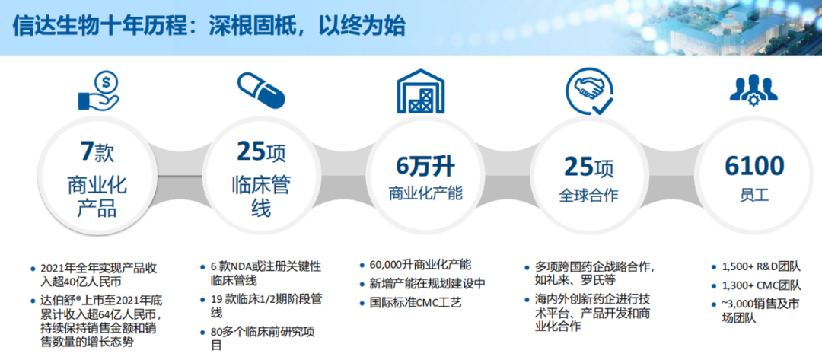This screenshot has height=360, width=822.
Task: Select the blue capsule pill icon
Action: pos(260,90)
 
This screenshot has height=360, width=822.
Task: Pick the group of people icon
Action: pos(753,88)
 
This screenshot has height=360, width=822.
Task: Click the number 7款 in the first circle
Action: pos(97,152)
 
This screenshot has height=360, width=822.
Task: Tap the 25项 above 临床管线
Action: pos(260,152)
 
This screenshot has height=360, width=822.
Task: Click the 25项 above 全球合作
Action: pos(588,166)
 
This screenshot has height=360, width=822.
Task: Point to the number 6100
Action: pos(754,166)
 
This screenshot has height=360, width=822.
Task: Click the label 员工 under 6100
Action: pos(753,195)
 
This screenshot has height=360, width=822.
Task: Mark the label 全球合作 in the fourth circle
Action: pos(588,195)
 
